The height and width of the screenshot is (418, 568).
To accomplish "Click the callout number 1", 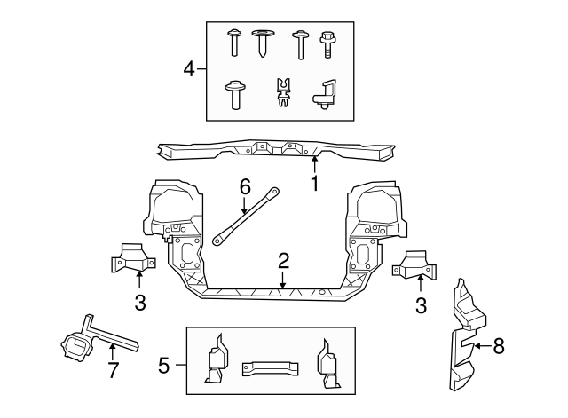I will pyautogui.click(x=313, y=185).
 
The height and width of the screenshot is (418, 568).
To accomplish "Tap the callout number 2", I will pyautogui.click(x=283, y=260).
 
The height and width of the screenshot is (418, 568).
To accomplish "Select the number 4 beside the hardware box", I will pyautogui.click(x=188, y=68).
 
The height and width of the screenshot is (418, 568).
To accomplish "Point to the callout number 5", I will pyautogui.click(x=164, y=364).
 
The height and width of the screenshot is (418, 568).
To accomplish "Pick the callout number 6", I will pyautogui.click(x=245, y=186).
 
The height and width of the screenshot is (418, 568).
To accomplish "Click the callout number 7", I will pyautogui.click(x=113, y=371).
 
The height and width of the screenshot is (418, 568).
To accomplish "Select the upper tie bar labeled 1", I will pyautogui.click(x=275, y=154).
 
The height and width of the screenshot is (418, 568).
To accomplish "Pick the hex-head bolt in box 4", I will pyautogui.click(x=326, y=41).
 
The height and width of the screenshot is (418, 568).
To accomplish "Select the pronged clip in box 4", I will pyautogui.click(x=284, y=92).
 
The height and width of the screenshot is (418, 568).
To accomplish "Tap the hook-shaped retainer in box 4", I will pyautogui.click(x=325, y=92).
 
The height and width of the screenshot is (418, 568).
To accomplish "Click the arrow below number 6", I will pyautogui.click(x=245, y=205).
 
